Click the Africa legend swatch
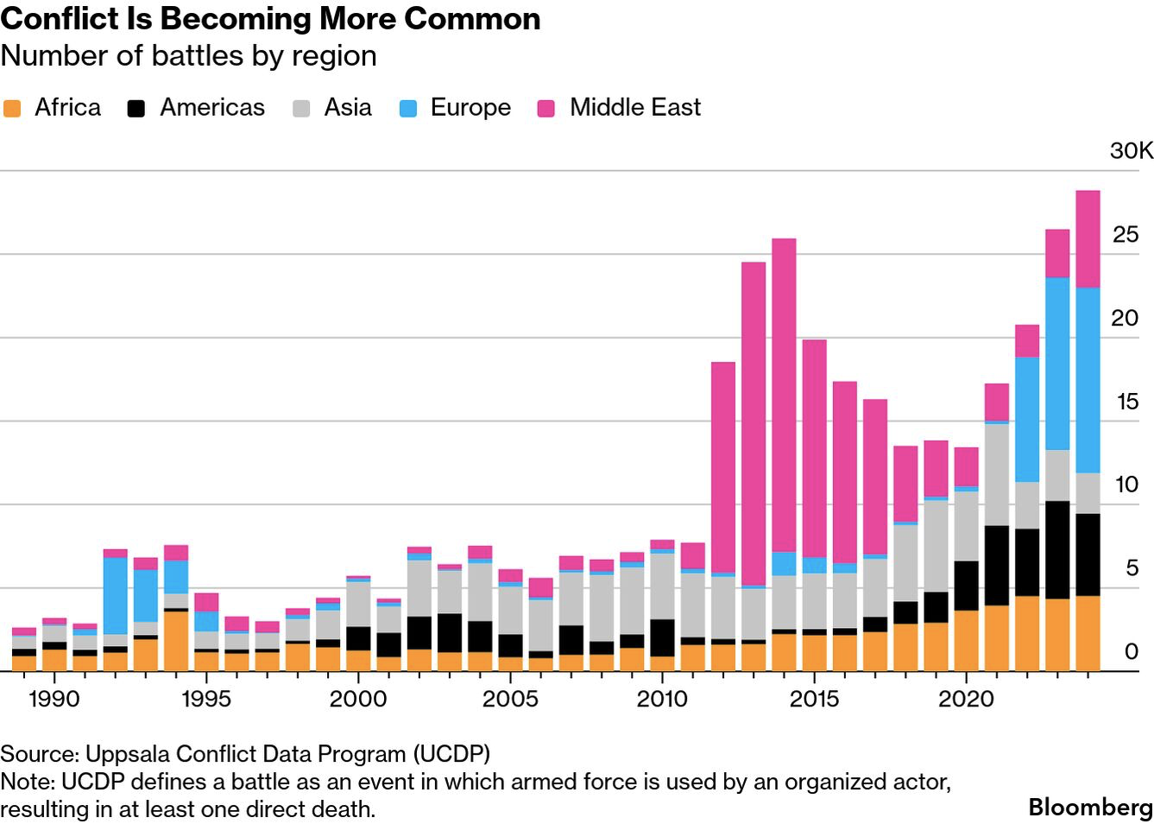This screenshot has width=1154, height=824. coord(12,109)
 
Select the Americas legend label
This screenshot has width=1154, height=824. coord(212,107)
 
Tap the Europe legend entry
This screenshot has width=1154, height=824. coord(470,107)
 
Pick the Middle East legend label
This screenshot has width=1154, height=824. coord(635,107)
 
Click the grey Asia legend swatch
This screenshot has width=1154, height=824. coord(301,109)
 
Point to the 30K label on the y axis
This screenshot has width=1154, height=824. coord(1131,150)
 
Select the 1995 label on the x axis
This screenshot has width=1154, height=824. coord(206,698)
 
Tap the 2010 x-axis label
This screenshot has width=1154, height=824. coord(662,698)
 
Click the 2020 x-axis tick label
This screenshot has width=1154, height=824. coord(966,698)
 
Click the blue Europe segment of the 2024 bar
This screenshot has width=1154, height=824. coord(1088,380)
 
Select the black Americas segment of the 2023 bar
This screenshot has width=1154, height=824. coord(1057,549)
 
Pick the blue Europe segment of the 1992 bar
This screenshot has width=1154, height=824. coord(115,596)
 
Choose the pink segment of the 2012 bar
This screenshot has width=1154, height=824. coord(723,466)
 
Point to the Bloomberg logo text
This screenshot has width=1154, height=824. coord(1090,808)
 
